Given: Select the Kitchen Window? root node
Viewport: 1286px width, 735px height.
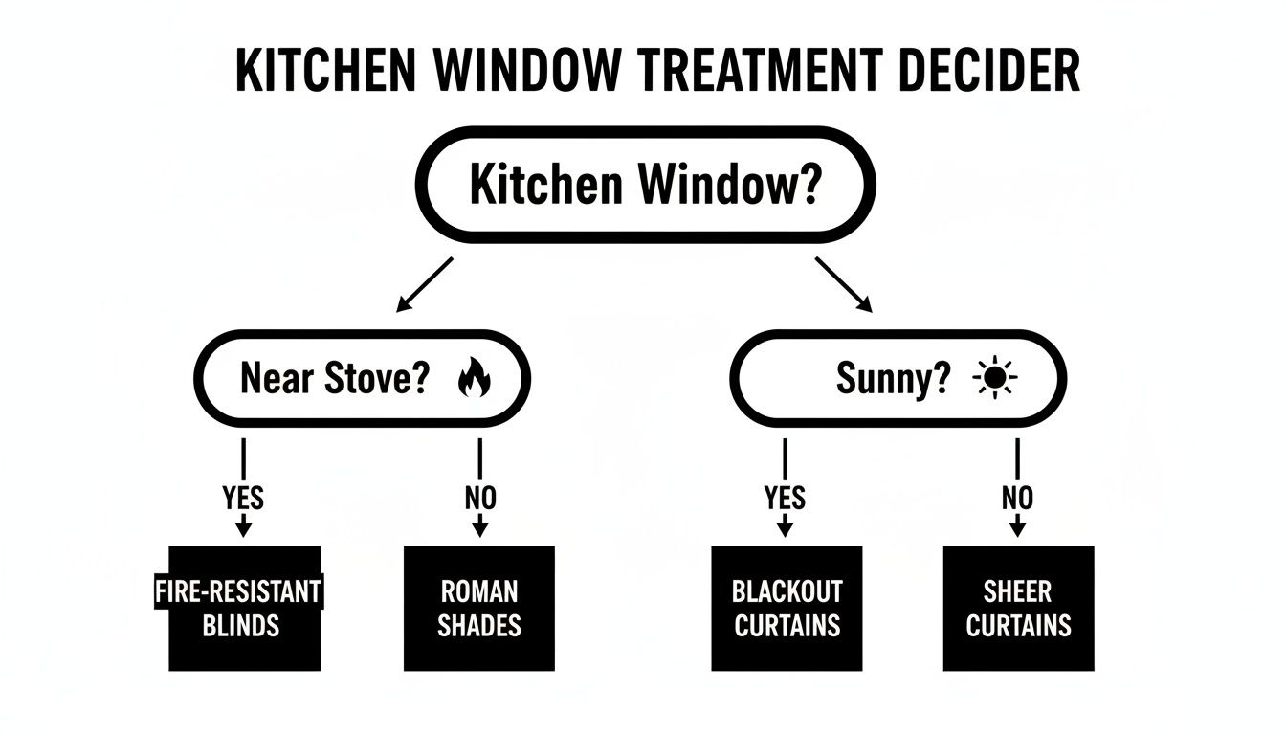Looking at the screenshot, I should pyautogui.click(x=644, y=185).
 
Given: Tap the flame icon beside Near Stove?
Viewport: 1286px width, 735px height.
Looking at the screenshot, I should pyautogui.click(x=474, y=379).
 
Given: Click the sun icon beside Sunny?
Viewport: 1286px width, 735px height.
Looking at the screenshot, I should pyautogui.click(x=994, y=379).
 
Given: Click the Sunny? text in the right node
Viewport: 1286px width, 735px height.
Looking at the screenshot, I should pyautogui.click(x=894, y=379).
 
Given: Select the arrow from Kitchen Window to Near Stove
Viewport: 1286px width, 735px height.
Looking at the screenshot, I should pyautogui.click(x=424, y=285).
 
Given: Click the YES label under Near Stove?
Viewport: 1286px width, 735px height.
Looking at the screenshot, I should pyautogui.click(x=243, y=499).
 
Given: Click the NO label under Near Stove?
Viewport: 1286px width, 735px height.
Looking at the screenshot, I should pyautogui.click(x=479, y=499).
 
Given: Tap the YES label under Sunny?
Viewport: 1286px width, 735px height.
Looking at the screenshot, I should pyautogui.click(x=785, y=499).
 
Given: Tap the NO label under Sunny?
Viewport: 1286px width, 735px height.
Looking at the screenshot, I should pyautogui.click(x=1018, y=499).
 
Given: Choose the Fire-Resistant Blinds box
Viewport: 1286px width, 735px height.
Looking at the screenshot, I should pyautogui.click(x=244, y=609).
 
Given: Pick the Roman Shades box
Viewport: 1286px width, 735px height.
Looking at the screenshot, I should pyautogui.click(x=479, y=609).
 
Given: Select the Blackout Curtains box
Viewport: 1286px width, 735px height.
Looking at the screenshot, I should pyautogui.click(x=787, y=609).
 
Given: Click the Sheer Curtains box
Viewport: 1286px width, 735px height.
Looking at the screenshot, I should pyautogui.click(x=1018, y=609).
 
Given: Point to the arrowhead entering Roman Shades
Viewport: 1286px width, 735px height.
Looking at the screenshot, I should pyautogui.click(x=480, y=528).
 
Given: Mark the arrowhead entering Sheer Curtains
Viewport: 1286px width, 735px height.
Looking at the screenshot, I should pyautogui.click(x=1018, y=528).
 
